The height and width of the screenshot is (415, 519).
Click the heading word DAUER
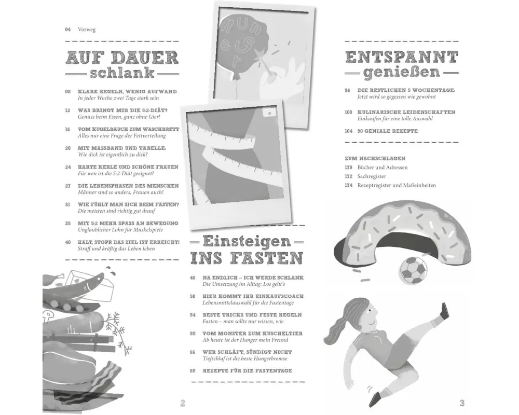point(145,58)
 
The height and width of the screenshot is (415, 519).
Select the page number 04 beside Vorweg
point(68,30)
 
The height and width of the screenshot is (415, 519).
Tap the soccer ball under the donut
point(413,270)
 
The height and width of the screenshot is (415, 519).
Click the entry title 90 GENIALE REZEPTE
point(388,131)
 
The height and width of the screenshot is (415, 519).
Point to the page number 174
point(349,185)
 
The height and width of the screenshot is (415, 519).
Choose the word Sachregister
point(372,176)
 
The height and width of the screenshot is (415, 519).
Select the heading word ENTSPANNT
point(402,57)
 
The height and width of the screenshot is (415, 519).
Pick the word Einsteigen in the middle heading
point(247,241)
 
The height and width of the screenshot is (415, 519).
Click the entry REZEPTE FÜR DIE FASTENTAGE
point(247,371)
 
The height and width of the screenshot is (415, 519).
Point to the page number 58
point(193,334)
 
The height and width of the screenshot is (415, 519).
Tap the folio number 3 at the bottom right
point(462,403)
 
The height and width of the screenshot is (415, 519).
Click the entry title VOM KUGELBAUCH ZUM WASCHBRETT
point(128,129)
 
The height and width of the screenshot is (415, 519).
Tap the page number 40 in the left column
point(68,242)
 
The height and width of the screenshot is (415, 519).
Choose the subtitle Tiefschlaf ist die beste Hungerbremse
point(245,359)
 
